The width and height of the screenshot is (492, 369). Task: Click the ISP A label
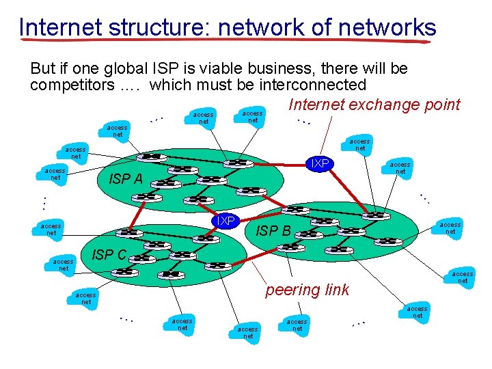pos(126,180)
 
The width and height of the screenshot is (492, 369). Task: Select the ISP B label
pos(273,231)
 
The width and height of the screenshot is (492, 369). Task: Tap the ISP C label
pos(109,255)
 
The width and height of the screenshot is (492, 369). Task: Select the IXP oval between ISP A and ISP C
pos(225,220)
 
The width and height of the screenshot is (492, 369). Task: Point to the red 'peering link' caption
pos(307,290)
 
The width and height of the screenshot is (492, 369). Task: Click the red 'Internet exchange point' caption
pos(374,105)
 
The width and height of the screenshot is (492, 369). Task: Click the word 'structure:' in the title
pos(156,27)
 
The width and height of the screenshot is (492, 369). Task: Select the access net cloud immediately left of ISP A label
pos(55,174)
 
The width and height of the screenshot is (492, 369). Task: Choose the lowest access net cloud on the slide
pos(248,333)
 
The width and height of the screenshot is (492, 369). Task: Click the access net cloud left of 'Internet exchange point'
pos(253,117)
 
